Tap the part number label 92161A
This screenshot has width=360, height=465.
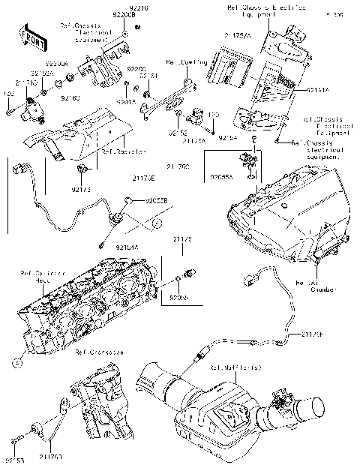(x=317, y=88)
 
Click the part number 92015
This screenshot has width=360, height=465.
(x=126, y=100)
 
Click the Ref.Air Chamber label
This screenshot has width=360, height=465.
(x=310, y=288)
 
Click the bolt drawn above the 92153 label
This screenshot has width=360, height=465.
(x=15, y=441)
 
